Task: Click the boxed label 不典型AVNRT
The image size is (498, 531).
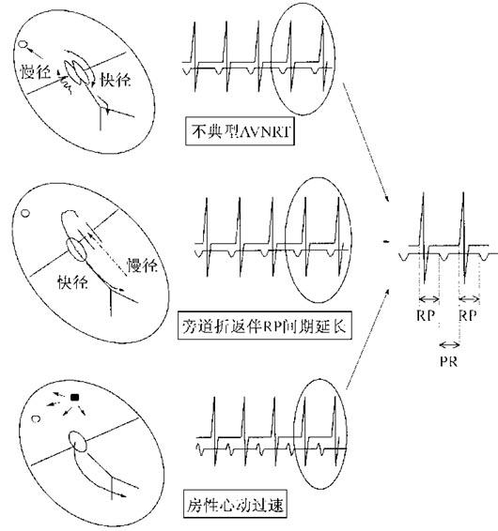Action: point(240,131)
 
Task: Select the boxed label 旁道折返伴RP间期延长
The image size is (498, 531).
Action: point(265,326)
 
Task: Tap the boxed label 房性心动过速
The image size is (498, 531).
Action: point(235,504)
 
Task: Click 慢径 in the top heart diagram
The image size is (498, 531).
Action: point(36,72)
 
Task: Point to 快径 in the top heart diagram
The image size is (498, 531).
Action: point(115,80)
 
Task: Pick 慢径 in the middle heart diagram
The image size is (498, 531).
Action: point(142,265)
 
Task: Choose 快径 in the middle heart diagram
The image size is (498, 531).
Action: point(73,281)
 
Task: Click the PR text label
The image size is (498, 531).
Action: point(448,362)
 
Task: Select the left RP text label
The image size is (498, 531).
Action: point(426,315)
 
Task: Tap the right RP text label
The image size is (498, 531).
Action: point(468,315)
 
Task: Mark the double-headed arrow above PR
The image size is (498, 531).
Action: point(449,344)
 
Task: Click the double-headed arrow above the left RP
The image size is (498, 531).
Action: point(429,299)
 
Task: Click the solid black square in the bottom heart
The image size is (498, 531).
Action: point(74,397)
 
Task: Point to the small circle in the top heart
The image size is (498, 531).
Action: point(23,44)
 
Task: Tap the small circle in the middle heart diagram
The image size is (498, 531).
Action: point(25,213)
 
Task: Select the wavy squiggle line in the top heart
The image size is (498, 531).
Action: point(66,83)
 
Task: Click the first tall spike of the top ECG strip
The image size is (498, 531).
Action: point(195,56)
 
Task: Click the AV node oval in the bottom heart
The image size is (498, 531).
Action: point(78,441)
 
